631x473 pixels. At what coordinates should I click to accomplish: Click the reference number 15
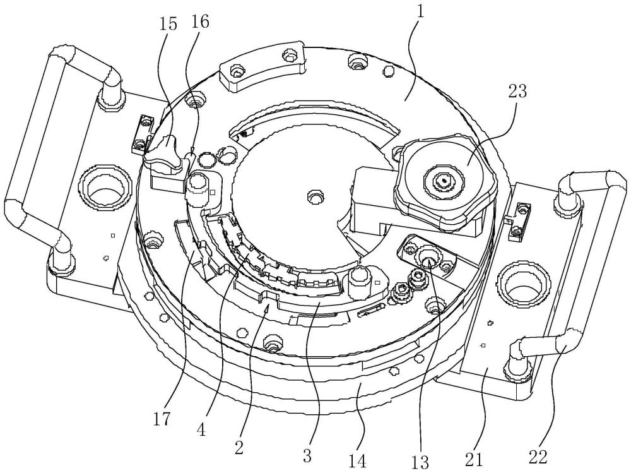click(x=168, y=24)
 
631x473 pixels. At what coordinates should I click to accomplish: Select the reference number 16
click(x=200, y=21)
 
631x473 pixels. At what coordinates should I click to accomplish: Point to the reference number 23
click(x=517, y=92)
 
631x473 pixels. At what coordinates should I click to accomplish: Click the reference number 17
click(x=162, y=419)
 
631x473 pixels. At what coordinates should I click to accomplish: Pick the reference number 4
click(x=201, y=429)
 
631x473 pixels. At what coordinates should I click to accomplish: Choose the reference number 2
click(x=239, y=448)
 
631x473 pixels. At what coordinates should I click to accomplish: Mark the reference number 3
click(x=307, y=455)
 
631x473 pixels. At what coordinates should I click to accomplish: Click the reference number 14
click(x=357, y=461)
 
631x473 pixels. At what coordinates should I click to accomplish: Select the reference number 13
click(x=420, y=462)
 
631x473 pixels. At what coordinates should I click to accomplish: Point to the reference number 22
click(x=538, y=457)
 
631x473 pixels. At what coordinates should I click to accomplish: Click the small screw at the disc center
click(x=315, y=198)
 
